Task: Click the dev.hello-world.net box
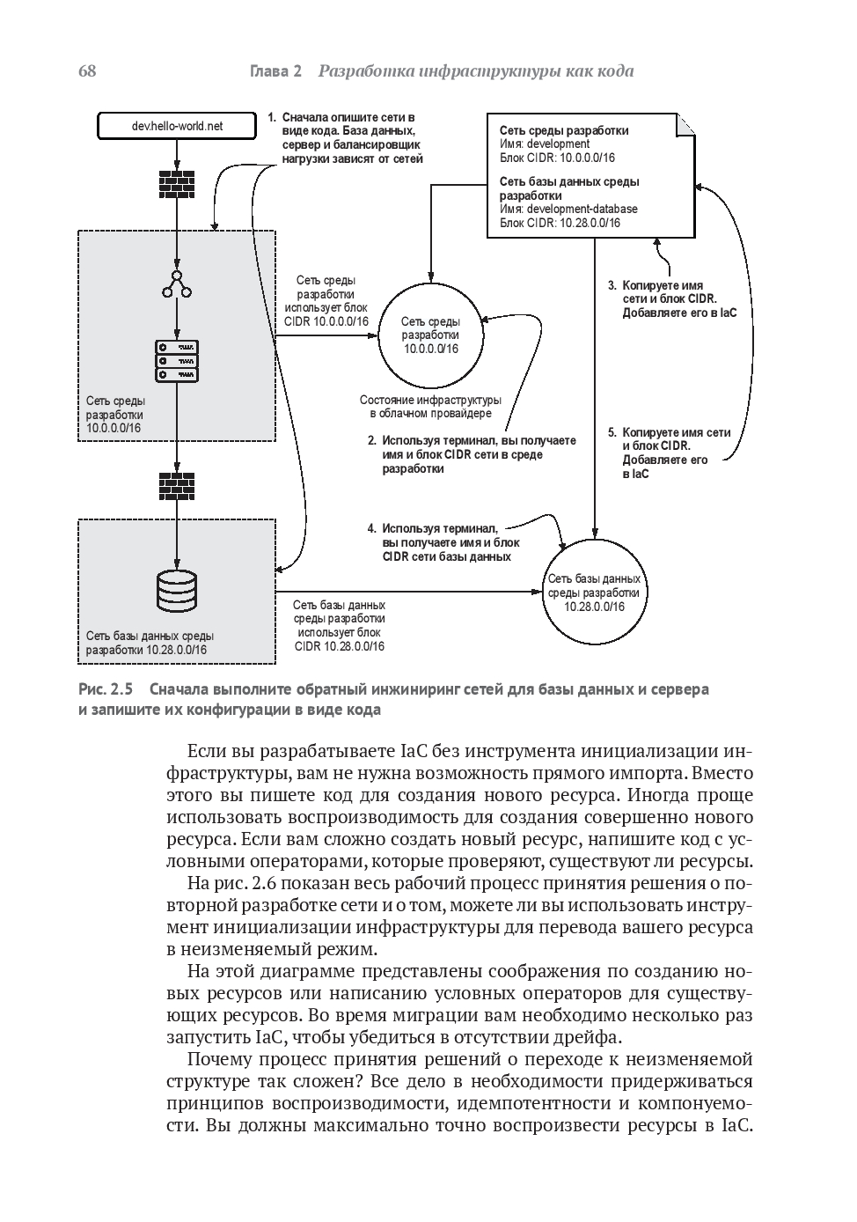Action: click(x=177, y=126)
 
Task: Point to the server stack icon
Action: click(x=177, y=361)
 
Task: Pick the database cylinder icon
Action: click(x=177, y=591)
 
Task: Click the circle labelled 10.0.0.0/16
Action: click(x=430, y=335)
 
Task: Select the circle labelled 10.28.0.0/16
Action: click(x=594, y=593)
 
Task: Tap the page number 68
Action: click(x=87, y=71)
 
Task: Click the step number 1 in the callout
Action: click(x=272, y=117)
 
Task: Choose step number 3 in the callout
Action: click(x=612, y=286)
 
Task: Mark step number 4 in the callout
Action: click(x=371, y=529)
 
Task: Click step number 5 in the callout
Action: click(x=612, y=433)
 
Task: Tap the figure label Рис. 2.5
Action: click(x=105, y=689)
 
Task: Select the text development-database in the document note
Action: click(x=582, y=210)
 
